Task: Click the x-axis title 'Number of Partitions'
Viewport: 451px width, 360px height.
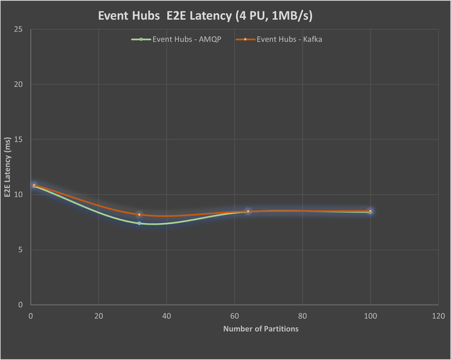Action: (261, 329)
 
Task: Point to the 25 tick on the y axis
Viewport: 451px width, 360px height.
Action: (19, 30)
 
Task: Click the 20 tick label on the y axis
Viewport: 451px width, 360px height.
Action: (19, 84)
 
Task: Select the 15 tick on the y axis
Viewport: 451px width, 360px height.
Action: (19, 140)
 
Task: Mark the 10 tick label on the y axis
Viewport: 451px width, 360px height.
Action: (19, 194)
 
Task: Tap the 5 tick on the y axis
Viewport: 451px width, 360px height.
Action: (21, 250)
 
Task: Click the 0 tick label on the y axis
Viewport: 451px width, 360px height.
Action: (21, 305)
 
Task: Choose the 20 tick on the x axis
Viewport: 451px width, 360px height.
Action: (98, 316)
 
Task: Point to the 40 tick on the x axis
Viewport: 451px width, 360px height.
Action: (167, 316)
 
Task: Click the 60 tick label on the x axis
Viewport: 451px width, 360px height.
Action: (234, 316)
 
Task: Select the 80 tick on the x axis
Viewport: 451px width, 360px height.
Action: (302, 316)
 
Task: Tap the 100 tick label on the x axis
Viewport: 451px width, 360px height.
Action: (371, 316)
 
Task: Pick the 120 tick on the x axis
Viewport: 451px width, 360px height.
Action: (438, 316)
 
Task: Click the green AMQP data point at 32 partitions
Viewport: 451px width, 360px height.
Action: (139, 223)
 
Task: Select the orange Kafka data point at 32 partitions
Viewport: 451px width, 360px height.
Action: (139, 214)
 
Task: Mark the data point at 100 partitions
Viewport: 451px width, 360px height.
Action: (370, 211)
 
